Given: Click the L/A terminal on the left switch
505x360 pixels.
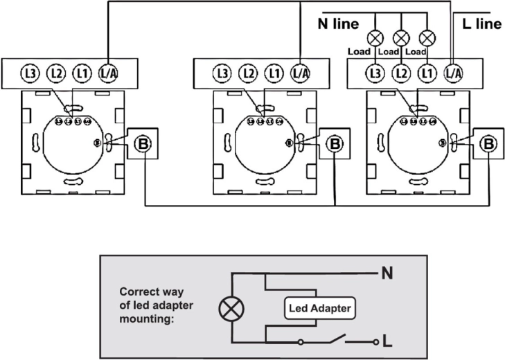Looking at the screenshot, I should point(107,73).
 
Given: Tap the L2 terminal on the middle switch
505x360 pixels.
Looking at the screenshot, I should point(247,73).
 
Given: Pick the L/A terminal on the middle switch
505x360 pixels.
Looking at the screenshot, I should point(299,73).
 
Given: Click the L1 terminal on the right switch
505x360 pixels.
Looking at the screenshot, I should point(427,73).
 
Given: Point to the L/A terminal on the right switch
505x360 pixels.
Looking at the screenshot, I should point(452,73).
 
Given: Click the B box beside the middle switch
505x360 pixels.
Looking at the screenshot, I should point(335,144).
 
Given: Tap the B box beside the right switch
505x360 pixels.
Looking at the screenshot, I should point(489,144).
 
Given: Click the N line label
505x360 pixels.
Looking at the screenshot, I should point(338,24).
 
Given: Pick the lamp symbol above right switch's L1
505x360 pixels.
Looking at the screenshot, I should point(427,38).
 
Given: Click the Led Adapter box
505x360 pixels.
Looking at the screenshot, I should point(319,310).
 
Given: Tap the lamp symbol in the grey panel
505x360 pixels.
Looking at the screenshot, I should point(228,309).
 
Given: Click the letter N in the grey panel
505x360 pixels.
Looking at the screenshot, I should point(387,273).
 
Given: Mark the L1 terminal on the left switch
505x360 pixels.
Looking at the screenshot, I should point(82,73).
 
